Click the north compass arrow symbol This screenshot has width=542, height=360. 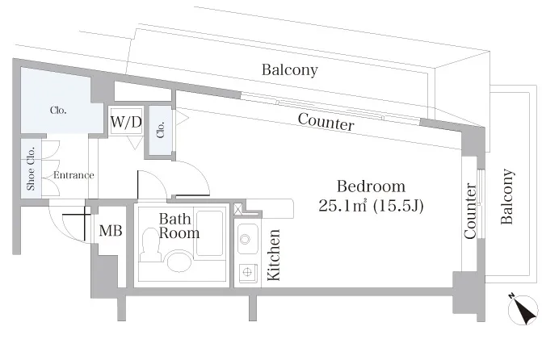point(523,309)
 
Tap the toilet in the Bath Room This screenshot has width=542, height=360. point(149,245)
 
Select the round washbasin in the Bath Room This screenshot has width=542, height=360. point(179,262)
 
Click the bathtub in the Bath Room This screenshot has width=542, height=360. point(209,232)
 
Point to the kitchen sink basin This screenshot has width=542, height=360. point(247,239)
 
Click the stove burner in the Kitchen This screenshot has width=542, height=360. point(247,273)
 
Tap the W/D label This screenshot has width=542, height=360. point(126,122)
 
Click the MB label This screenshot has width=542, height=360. point(111,231)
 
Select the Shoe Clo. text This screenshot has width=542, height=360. point(31,169)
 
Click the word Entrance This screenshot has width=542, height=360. point(74,175)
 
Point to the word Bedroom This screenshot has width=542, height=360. point(371,186)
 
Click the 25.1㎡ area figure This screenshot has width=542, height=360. point(342,207)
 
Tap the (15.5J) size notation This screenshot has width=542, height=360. point(398,207)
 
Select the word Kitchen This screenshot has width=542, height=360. point(274,254)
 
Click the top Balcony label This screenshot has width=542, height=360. point(290,70)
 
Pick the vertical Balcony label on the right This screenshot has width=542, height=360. point(506,197)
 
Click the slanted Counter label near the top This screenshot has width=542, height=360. point(326,122)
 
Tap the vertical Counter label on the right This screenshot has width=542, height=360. point(470,211)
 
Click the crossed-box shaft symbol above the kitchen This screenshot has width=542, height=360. point(238,209)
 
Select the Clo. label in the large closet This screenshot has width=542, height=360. point(58,111)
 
